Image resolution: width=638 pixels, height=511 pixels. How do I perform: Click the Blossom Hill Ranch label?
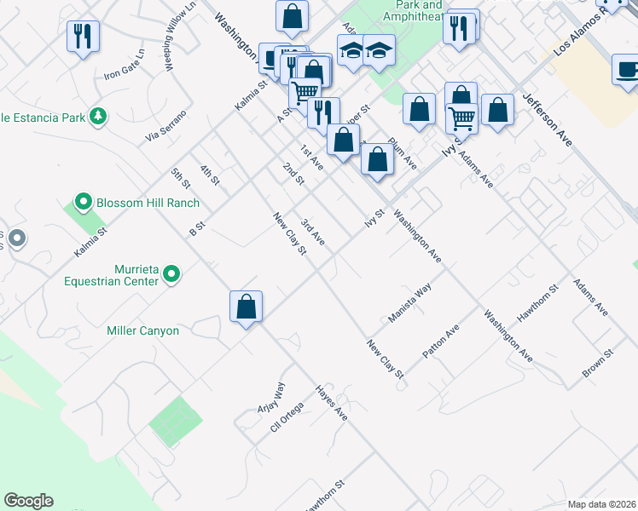(148, 203)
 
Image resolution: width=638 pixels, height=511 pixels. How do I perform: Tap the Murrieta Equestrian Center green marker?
(171, 273)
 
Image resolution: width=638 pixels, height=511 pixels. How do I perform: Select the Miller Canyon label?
(143, 330)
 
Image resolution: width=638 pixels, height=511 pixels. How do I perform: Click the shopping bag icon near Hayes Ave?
(246, 307)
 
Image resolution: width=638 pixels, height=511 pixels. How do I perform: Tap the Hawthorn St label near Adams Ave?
(542, 302)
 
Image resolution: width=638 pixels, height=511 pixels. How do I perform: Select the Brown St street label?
(598, 364)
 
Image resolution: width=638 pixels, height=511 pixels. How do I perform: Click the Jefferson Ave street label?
(547, 121)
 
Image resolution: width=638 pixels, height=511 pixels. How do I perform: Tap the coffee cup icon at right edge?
(627, 69)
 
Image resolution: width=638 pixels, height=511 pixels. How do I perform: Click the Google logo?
(28, 501)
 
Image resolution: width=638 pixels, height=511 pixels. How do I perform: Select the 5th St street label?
(180, 178)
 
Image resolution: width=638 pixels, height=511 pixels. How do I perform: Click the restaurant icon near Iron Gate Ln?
(83, 37)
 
